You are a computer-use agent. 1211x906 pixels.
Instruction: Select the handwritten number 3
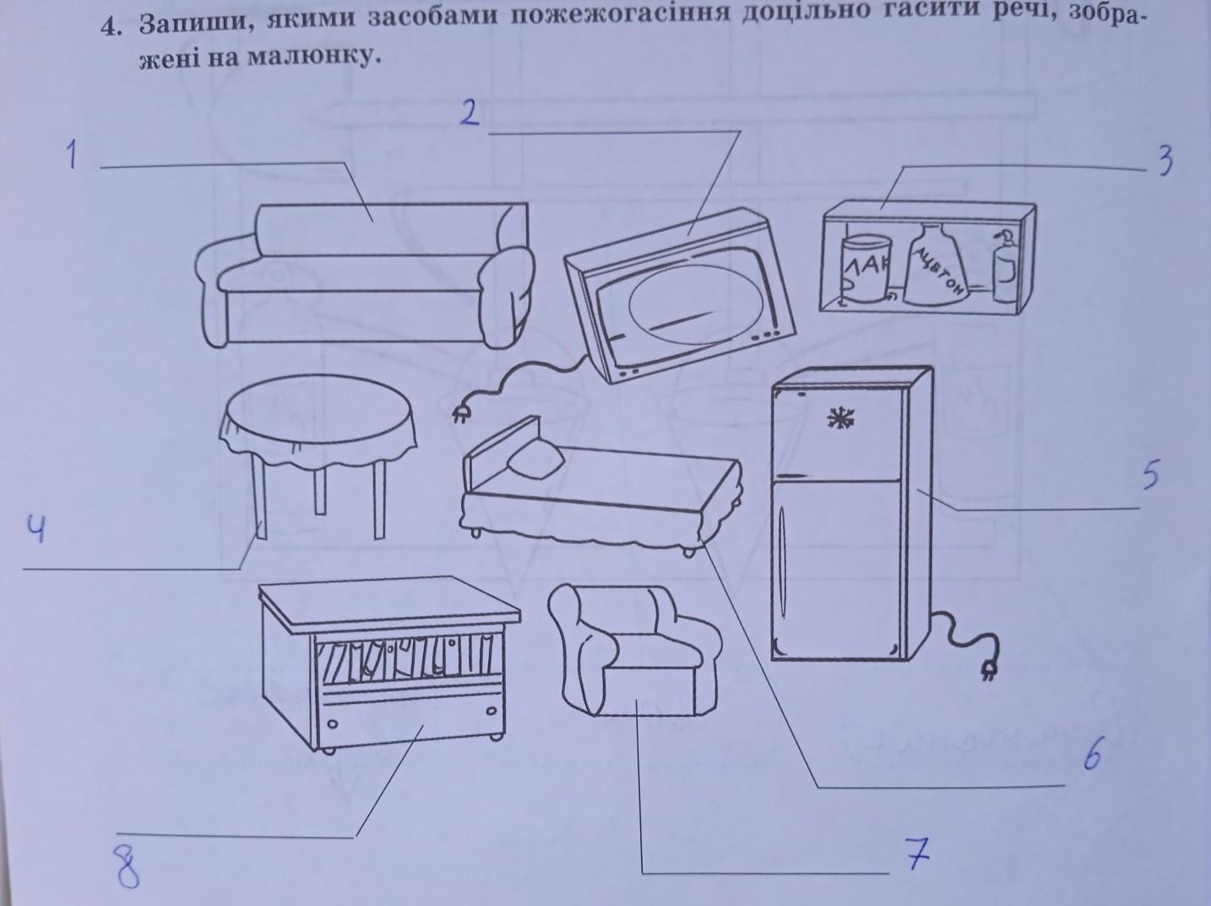(x=1165, y=161)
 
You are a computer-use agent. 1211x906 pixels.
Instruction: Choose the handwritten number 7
(x=916, y=854)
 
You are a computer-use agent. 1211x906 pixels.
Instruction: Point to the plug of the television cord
(x=461, y=412)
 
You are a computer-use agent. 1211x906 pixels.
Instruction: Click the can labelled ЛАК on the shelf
(x=866, y=268)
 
